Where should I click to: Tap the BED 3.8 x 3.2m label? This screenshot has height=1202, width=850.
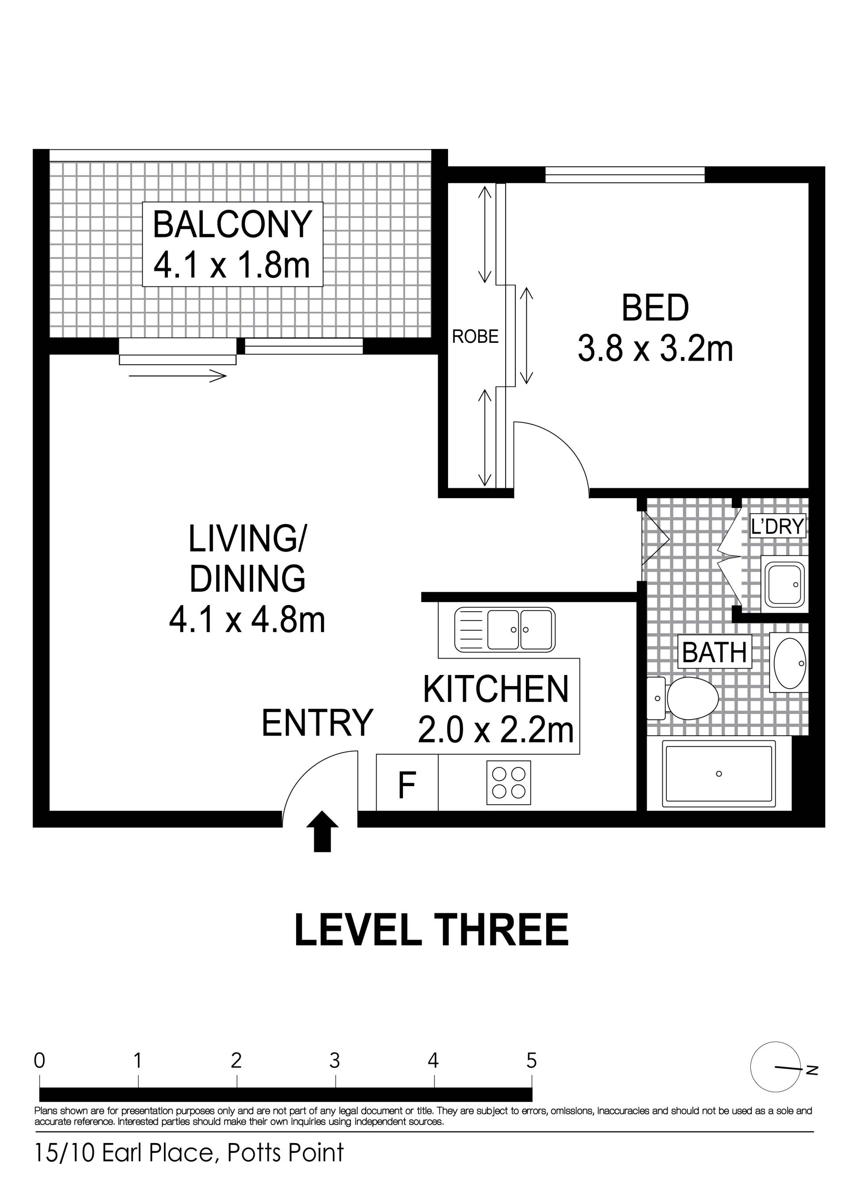point(655,328)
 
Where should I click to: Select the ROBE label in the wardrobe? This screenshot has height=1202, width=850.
point(475,336)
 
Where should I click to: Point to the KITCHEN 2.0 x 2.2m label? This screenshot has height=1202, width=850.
point(496,710)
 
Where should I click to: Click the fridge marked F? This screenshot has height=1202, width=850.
point(407,785)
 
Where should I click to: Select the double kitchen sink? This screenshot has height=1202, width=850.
point(505,630)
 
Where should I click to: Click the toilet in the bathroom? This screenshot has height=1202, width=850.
point(683,698)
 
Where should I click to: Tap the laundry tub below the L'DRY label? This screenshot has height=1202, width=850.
point(784,584)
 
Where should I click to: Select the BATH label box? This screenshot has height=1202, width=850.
point(715,652)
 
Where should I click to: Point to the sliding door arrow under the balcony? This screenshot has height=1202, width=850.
point(178,376)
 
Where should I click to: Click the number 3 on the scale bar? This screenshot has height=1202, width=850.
point(334,1061)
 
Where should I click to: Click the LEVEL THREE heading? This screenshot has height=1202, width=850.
point(431,929)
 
